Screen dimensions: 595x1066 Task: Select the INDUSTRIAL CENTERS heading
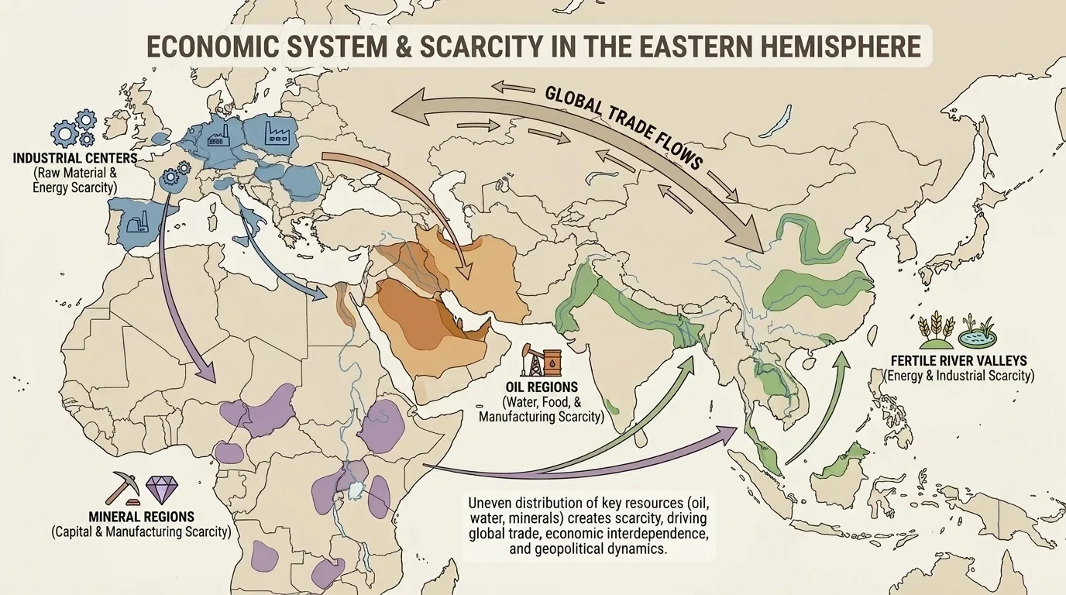(75, 158)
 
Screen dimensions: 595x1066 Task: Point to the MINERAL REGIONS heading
(141, 516)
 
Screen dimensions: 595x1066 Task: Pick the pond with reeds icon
(976, 332)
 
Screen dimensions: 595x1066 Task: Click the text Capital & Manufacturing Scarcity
(141, 532)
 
